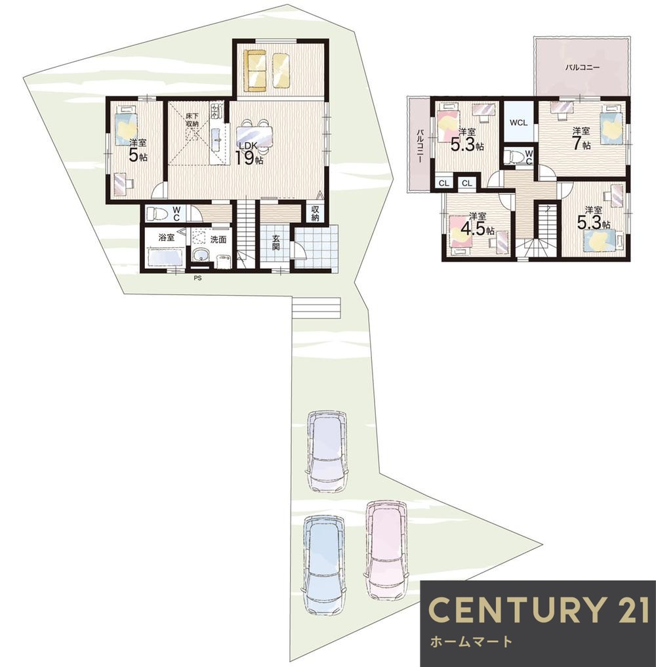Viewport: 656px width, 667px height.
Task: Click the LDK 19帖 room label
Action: point(251,153)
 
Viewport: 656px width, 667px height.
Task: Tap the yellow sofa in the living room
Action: point(255,71)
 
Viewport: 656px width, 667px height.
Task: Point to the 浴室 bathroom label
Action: point(167,238)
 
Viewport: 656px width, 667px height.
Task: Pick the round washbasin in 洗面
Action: point(199,256)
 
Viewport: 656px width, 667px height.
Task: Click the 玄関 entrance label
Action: point(276,243)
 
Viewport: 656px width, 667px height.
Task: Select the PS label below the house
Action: point(198,279)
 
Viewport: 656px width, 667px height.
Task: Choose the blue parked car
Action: point(325,566)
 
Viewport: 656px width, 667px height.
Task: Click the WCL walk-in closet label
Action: point(519,123)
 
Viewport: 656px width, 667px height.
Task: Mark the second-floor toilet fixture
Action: point(514,156)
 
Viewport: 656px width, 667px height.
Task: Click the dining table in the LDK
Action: point(255,136)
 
